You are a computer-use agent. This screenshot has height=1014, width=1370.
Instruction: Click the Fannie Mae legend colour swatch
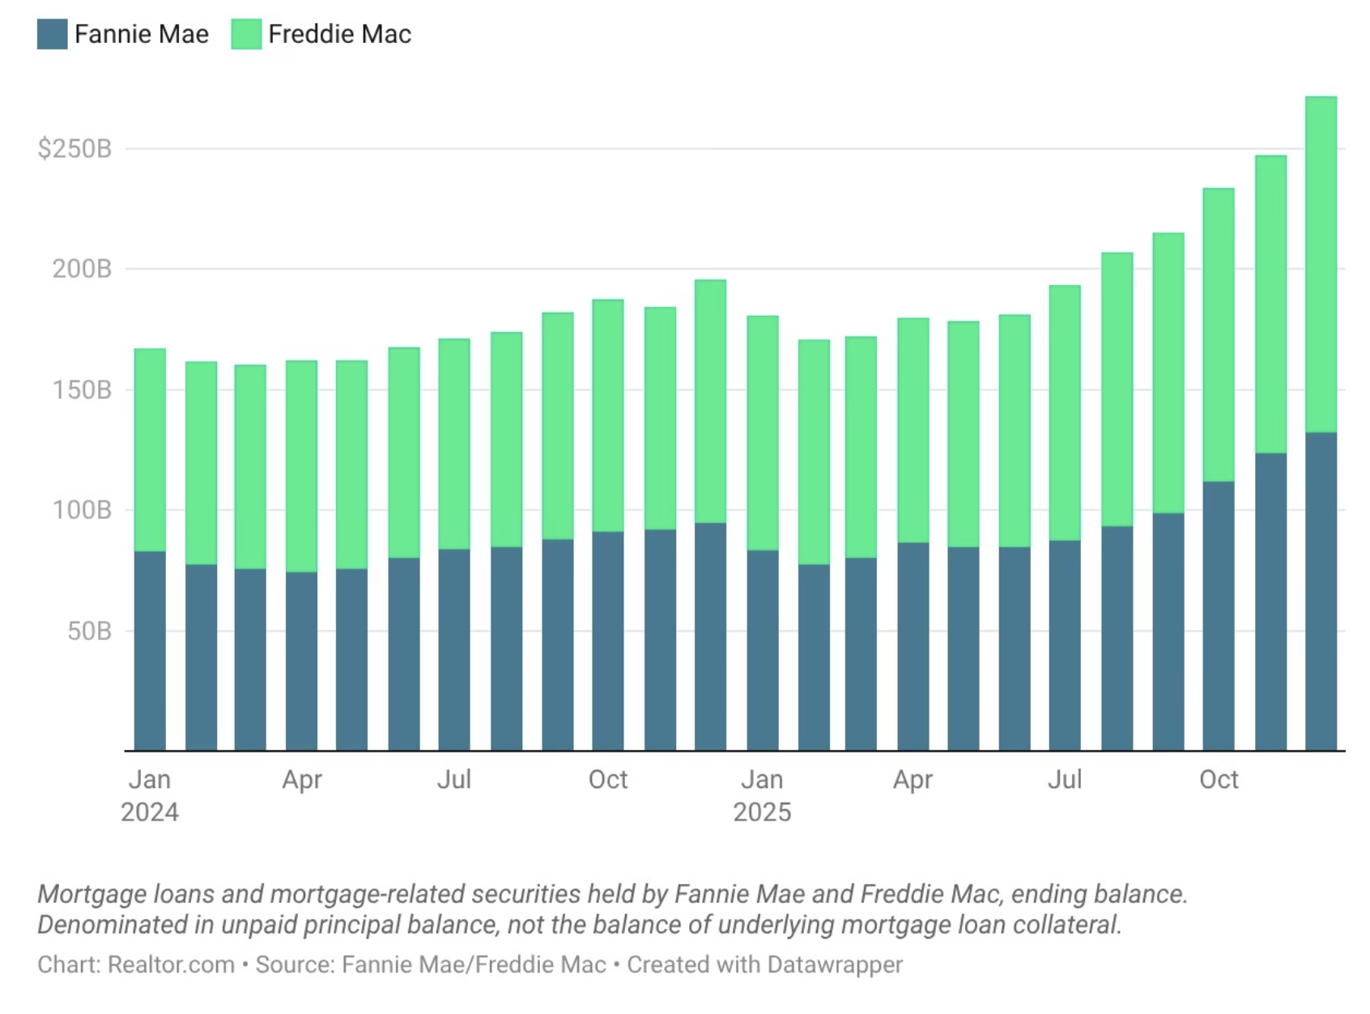point(53,34)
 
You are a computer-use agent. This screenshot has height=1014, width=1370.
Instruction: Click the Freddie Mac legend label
point(339,34)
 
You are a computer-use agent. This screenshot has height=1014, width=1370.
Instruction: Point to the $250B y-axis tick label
point(74,149)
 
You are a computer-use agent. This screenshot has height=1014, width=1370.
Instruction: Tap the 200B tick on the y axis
point(82,269)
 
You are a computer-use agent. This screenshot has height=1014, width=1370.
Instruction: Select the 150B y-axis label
point(82,390)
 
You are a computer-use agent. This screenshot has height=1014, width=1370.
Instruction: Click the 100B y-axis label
point(82,510)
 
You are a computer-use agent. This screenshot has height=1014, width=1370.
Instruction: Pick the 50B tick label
point(89,631)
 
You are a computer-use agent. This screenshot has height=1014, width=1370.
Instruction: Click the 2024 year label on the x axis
point(150,812)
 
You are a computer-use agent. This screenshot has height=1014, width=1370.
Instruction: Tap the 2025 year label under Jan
point(762,812)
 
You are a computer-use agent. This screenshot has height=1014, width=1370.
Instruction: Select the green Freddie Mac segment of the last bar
point(1321,263)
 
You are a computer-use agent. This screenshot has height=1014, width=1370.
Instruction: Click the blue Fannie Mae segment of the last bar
point(1321,591)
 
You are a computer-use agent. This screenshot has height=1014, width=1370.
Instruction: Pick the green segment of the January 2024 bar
point(150,449)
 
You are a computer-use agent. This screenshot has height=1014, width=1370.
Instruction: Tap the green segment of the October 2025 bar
point(1219,334)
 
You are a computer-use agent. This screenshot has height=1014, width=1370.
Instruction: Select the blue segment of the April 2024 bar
point(301,661)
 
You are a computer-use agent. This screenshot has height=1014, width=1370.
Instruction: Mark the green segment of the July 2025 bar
point(1065,412)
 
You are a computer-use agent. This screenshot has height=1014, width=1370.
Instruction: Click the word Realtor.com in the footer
point(171,965)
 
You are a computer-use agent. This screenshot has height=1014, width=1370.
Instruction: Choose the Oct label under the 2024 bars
point(607,779)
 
